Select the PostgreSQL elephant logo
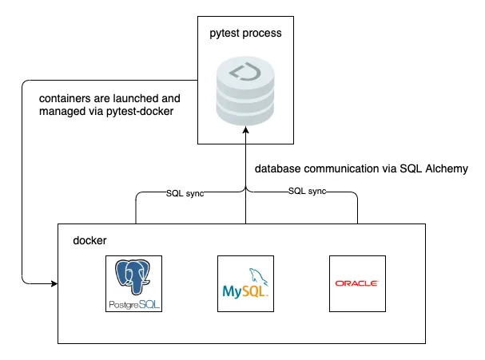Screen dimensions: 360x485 click(x=134, y=279)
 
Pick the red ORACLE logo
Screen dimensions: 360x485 click(x=357, y=283)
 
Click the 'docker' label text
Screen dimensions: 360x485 click(x=89, y=240)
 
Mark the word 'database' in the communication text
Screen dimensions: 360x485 click(x=279, y=169)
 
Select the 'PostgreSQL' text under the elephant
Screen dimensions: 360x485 click(x=134, y=305)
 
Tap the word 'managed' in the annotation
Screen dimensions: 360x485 click(x=63, y=113)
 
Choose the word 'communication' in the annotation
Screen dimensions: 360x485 click(x=345, y=169)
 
